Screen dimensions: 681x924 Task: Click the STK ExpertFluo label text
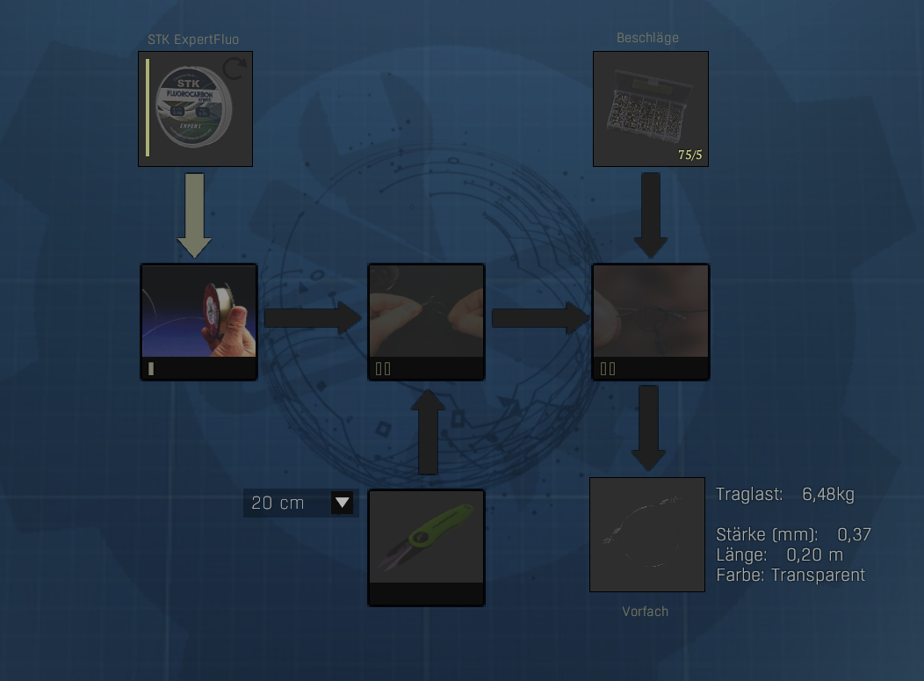pos(193,40)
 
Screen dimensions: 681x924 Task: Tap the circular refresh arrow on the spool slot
pos(234,69)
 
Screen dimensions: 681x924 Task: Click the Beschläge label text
pos(647,38)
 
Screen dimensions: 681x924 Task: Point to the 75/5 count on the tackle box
pos(690,156)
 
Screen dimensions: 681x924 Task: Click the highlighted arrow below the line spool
pos(194,214)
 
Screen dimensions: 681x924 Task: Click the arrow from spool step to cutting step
pos(313,318)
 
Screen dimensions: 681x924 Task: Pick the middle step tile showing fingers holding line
pos(426,312)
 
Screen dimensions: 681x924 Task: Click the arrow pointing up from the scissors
pos(428,431)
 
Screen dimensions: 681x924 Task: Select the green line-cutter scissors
pos(426,538)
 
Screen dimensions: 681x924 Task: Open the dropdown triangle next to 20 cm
pos(343,503)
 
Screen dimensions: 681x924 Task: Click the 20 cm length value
pos(278,503)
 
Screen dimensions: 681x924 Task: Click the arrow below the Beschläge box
pos(650,214)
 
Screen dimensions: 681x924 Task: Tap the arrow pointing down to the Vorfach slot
pos(648,427)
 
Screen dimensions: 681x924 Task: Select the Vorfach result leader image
pos(647,534)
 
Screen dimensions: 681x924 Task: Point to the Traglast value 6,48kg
pos(827,495)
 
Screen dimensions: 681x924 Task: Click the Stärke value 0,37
pos(854,534)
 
